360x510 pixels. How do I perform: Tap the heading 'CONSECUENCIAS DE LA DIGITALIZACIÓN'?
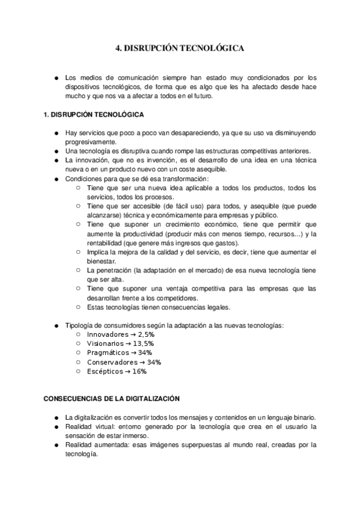(x=112, y=398)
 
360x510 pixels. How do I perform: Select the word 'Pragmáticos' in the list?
(x=106, y=352)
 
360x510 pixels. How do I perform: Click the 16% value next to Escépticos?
(x=139, y=371)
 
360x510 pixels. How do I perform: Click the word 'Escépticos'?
(x=104, y=371)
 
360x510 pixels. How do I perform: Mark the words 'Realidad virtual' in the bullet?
(x=88, y=426)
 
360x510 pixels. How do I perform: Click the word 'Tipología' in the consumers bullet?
(x=79, y=325)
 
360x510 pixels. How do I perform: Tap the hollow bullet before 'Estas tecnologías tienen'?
(x=79, y=307)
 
